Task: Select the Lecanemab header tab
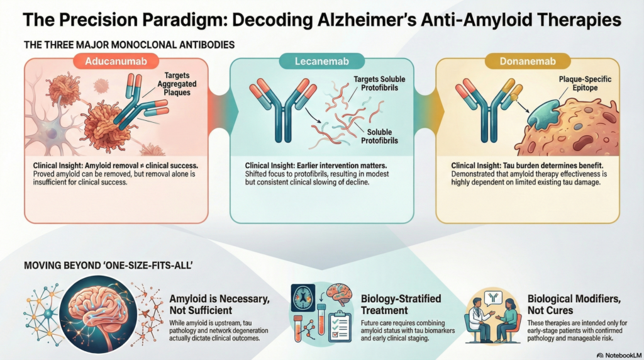click(321, 62)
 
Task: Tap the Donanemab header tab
click(528, 62)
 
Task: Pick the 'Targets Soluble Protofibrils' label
click(379, 83)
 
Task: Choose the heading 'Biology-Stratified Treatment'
click(401, 303)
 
